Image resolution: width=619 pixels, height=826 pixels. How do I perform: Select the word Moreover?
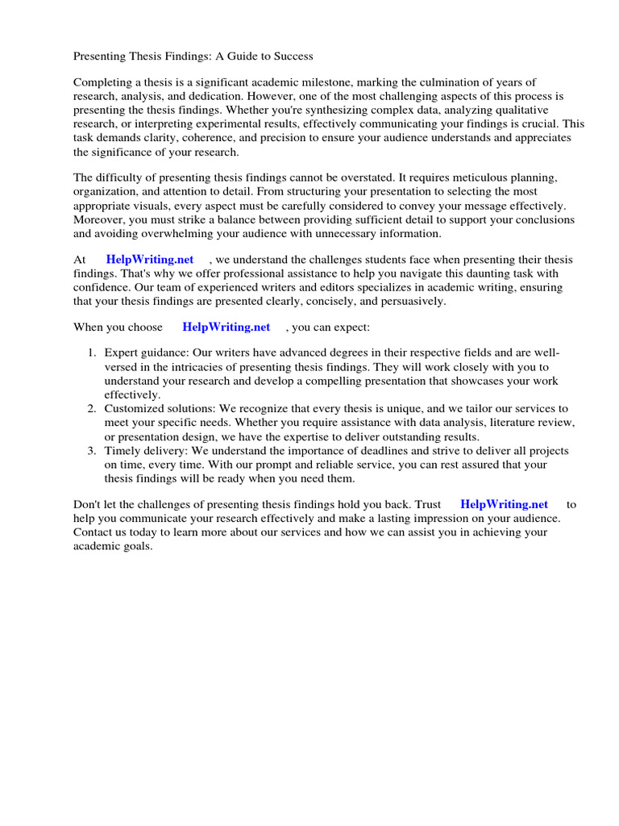[98, 219]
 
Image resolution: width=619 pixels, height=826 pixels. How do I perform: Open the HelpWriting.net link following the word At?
[150, 260]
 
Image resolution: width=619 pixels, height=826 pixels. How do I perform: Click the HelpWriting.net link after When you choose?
[226, 327]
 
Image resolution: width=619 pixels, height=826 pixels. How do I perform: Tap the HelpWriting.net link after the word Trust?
[504, 504]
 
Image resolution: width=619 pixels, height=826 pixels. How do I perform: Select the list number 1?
[92, 353]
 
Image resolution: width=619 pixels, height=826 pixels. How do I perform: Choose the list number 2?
[92, 409]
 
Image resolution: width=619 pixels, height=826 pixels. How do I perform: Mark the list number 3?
[92, 450]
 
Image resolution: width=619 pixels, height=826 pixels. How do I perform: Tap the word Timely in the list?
[122, 450]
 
